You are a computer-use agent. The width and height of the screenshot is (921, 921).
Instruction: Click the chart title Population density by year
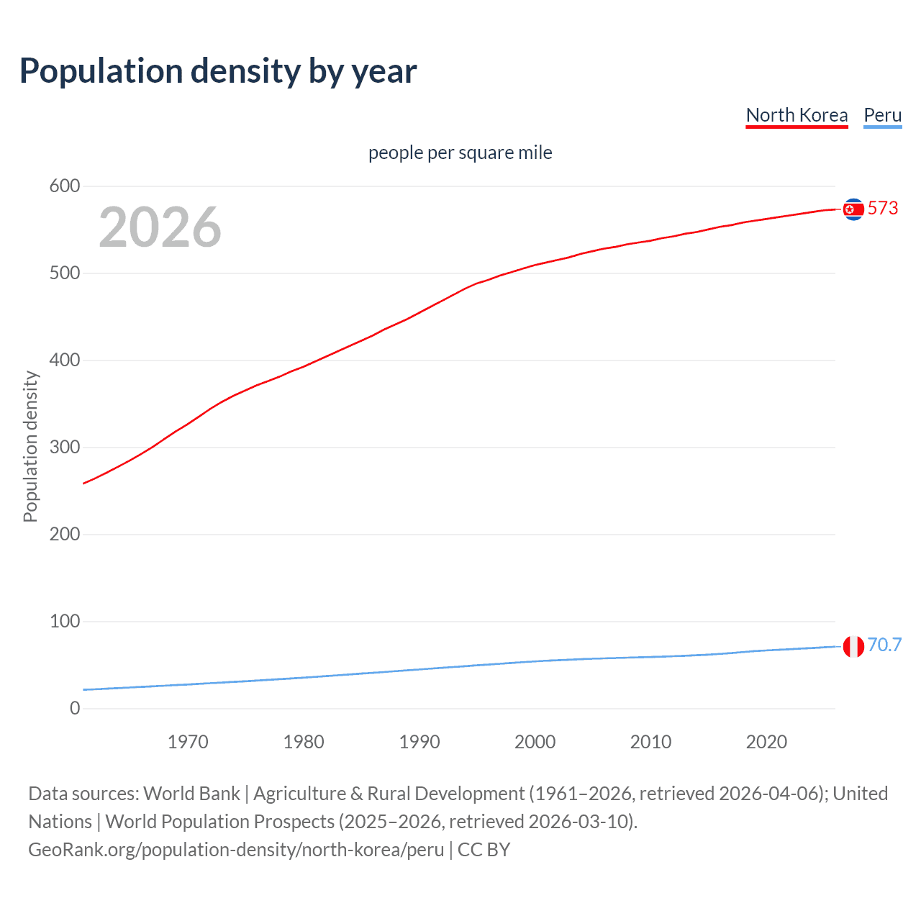point(218,71)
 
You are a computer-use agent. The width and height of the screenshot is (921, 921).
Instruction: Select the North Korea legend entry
point(797,115)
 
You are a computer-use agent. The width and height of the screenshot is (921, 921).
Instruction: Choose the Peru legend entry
point(882,115)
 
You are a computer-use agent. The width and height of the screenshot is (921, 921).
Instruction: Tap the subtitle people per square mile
point(460,153)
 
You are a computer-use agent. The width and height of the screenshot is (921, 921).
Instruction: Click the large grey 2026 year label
point(160,227)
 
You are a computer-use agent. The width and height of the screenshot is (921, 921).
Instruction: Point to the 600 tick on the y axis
point(65,186)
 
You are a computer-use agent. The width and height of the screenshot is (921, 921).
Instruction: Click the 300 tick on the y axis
point(65,448)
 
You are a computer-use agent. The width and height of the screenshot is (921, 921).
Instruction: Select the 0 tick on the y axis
point(75,709)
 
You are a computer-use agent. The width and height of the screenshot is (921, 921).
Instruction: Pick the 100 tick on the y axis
point(65,622)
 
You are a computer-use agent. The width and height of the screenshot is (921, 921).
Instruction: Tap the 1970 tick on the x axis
point(188,742)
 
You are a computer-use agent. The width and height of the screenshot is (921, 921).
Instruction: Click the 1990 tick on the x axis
point(419,742)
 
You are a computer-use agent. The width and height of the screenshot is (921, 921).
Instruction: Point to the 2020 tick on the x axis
point(766,742)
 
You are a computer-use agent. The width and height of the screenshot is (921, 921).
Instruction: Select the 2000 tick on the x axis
point(535,742)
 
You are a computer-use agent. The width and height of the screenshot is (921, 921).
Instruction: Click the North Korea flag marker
point(853,209)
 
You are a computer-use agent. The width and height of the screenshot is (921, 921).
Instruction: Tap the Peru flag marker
point(853,646)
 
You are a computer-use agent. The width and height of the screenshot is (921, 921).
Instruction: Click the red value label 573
point(883,209)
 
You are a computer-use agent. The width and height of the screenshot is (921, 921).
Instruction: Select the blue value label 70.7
point(884,645)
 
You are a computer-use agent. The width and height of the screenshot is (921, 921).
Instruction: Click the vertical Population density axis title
point(30,446)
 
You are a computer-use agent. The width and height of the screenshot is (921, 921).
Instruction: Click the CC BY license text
point(484,850)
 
